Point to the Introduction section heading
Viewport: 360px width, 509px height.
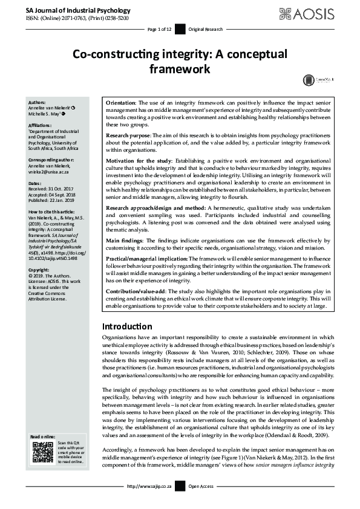pyautogui.click(x=127, y=326)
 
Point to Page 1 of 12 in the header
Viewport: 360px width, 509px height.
pyautogui.click(x=160, y=29)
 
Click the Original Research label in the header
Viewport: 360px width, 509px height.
pyautogui.click(x=206, y=29)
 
